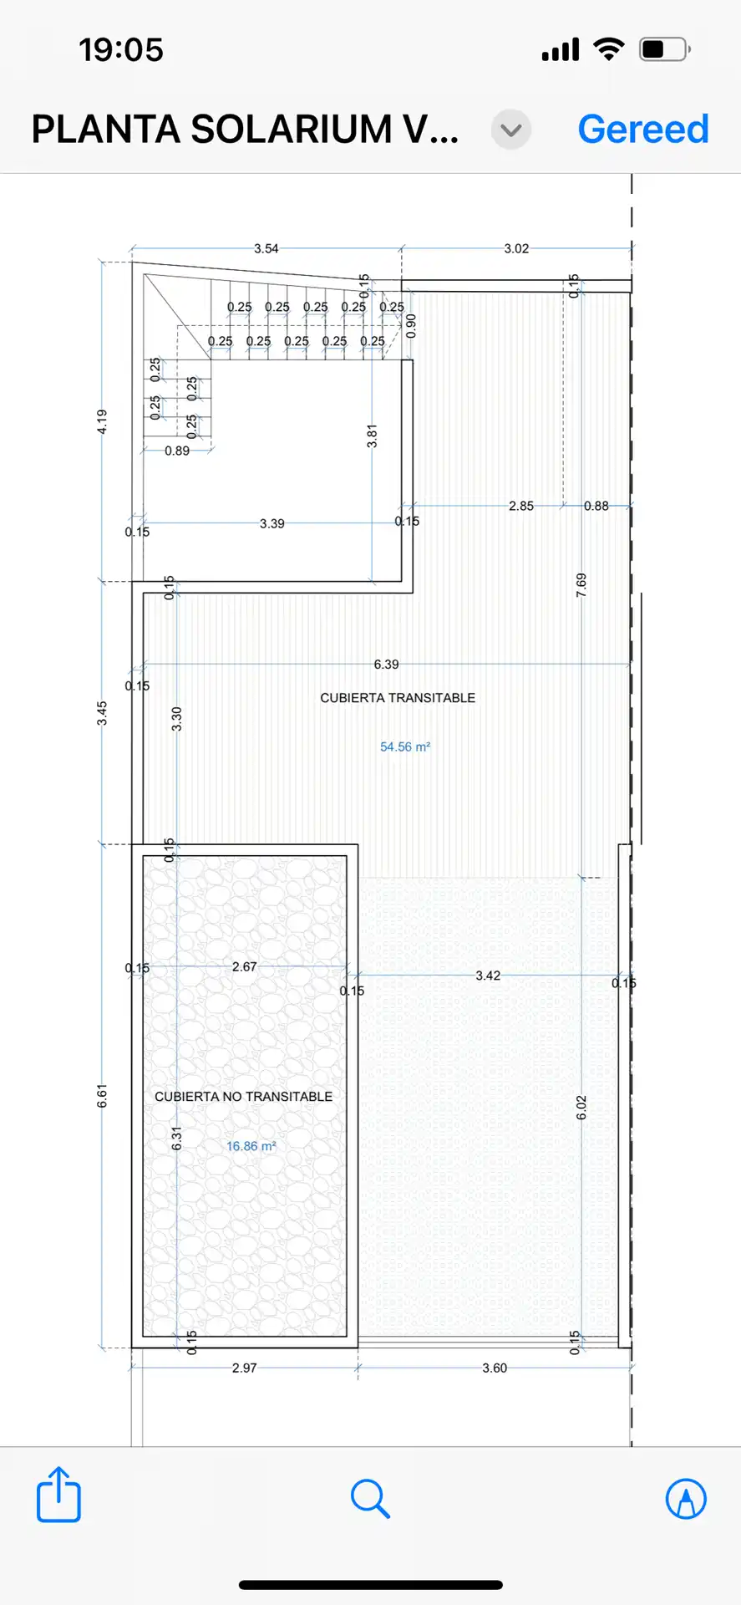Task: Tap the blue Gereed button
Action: (x=643, y=129)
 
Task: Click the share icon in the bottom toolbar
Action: (x=58, y=1494)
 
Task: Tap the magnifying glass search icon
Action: (x=370, y=1498)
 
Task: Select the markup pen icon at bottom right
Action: (x=686, y=1498)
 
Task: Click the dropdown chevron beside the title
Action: (x=511, y=130)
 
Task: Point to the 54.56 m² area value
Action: (x=405, y=746)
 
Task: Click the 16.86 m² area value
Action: (x=251, y=1146)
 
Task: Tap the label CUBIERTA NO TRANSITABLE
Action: (x=244, y=1096)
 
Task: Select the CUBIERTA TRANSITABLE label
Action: (x=398, y=697)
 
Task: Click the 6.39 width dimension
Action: (x=386, y=665)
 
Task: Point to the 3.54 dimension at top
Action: (x=266, y=248)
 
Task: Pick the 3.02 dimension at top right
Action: (x=516, y=248)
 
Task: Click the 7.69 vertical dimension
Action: (x=581, y=585)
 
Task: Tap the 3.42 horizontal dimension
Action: (x=488, y=976)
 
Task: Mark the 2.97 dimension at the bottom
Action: (x=245, y=1368)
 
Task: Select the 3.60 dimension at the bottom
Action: (x=495, y=1368)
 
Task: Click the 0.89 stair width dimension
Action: (x=177, y=451)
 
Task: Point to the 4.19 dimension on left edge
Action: (x=102, y=421)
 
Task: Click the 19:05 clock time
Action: (x=121, y=49)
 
